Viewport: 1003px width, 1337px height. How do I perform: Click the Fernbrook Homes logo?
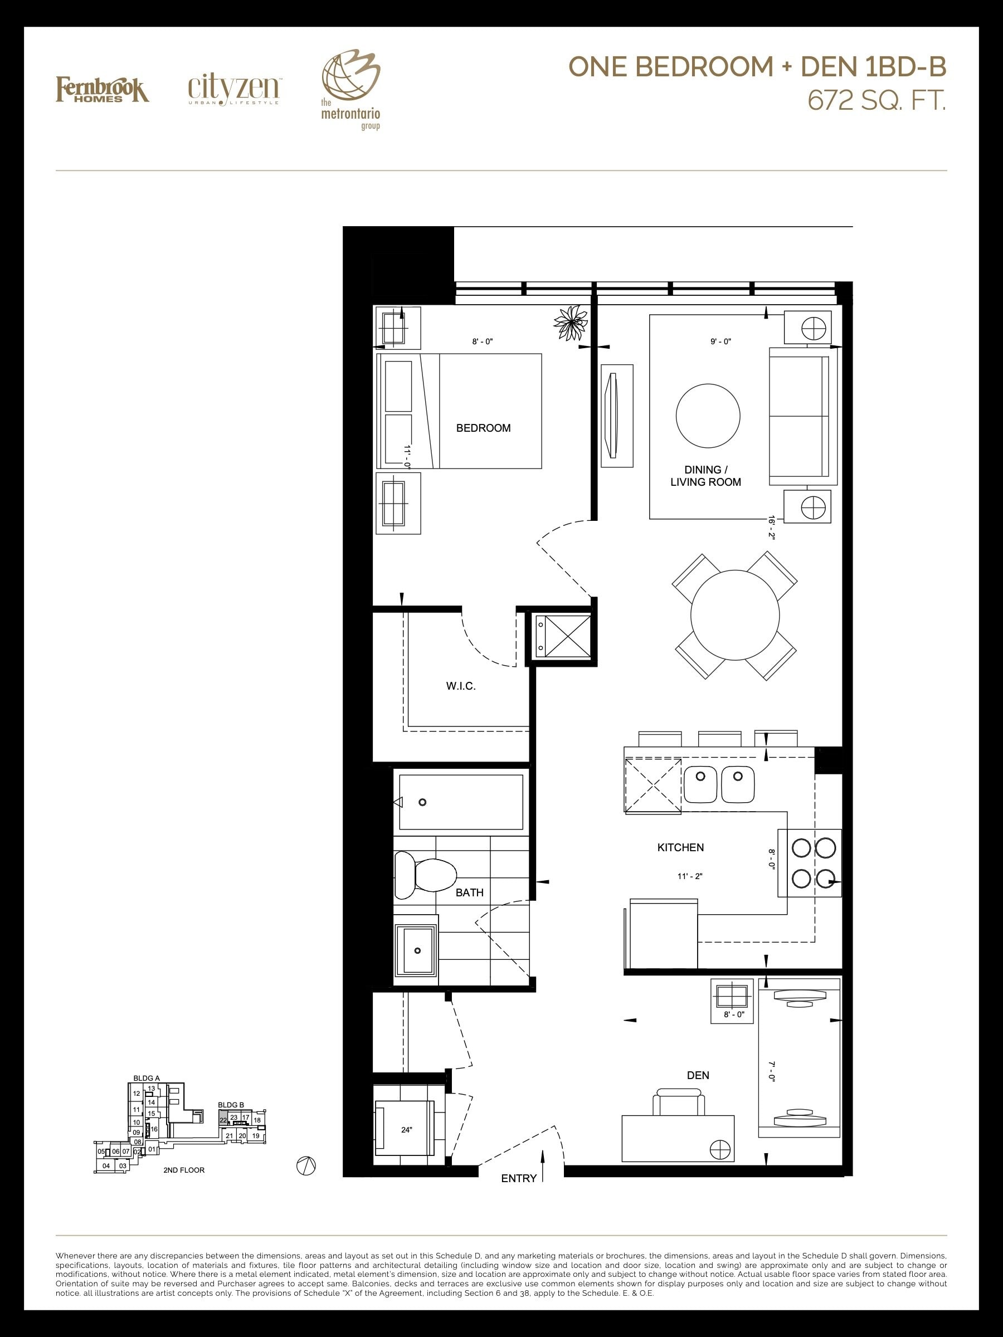click(102, 90)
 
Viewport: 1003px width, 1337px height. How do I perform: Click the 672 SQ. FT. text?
click(877, 101)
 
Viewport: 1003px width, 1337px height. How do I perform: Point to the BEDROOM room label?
click(483, 428)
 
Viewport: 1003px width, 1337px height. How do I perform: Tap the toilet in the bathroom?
click(425, 876)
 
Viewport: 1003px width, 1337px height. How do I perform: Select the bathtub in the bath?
click(460, 802)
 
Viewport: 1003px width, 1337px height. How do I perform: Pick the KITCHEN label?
click(680, 847)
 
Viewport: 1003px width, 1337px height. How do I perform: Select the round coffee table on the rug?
click(708, 417)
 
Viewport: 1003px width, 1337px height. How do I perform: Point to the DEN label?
click(698, 1075)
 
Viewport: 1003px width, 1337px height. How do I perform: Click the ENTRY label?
click(519, 1178)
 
